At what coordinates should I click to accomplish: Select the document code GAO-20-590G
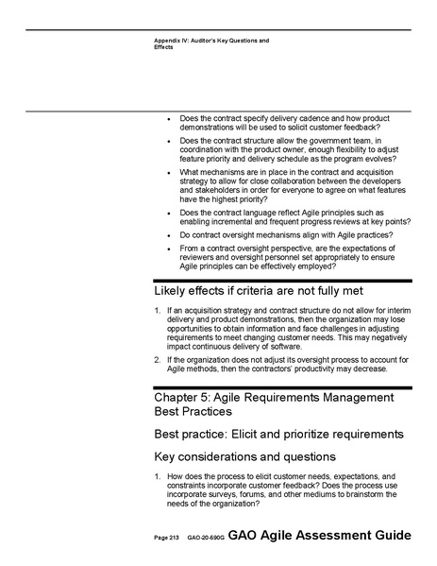[205, 538]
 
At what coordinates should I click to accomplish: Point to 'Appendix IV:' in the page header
[173, 40]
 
